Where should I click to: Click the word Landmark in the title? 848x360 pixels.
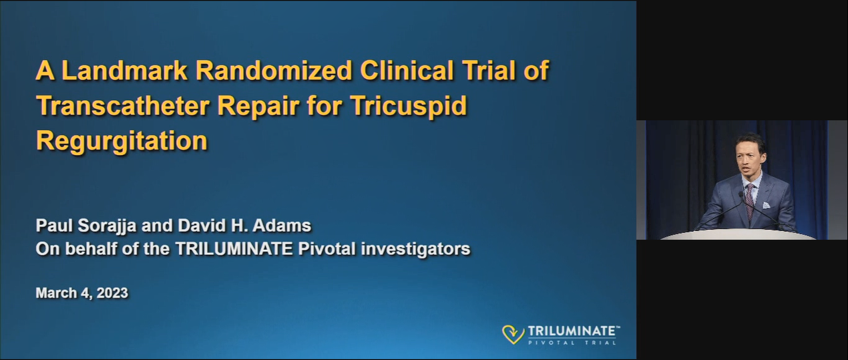click(x=125, y=71)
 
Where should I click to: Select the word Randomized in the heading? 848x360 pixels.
click(x=274, y=71)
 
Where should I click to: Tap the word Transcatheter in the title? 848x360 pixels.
click(x=123, y=106)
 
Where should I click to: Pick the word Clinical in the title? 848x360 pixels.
click(x=407, y=71)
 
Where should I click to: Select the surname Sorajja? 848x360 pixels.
click(x=107, y=226)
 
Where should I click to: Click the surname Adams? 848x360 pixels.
click(x=282, y=226)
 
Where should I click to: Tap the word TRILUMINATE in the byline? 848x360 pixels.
click(x=234, y=249)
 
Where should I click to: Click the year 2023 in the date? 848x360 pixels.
click(x=112, y=293)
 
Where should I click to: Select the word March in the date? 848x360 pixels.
click(x=56, y=293)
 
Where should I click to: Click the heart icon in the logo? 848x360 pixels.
click(x=513, y=334)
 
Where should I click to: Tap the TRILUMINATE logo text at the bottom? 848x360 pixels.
click(x=572, y=331)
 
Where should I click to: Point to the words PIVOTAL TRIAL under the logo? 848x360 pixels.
click(x=572, y=343)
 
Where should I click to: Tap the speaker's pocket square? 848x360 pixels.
click(x=766, y=205)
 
